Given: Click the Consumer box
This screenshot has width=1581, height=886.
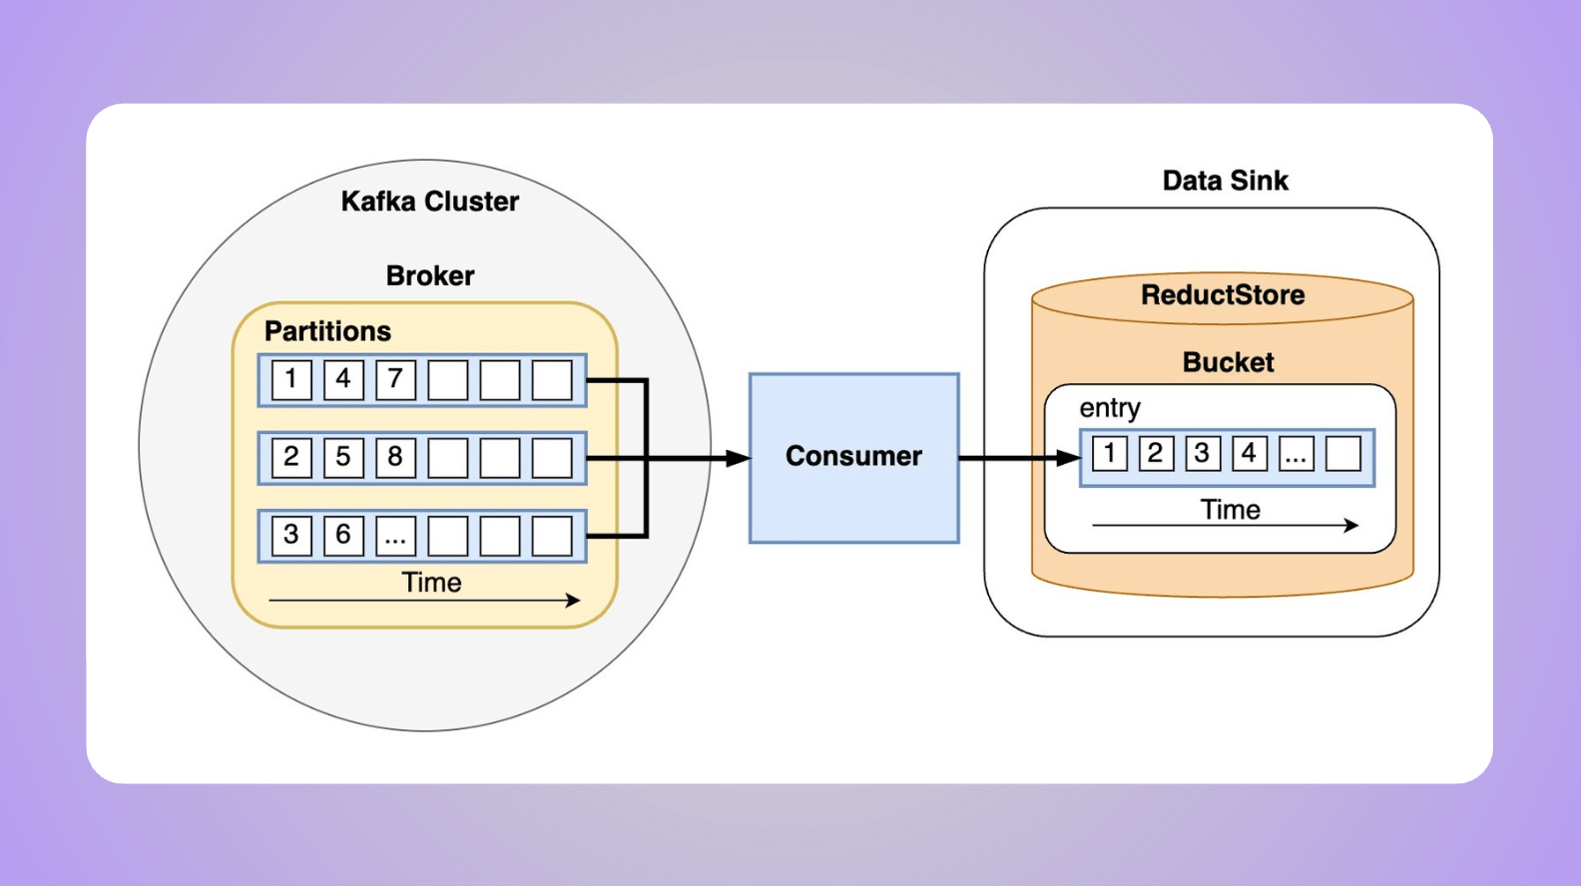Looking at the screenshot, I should click(853, 458).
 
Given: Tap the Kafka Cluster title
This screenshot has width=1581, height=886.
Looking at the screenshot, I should click(430, 202).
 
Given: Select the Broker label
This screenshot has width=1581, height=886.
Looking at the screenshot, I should click(430, 275).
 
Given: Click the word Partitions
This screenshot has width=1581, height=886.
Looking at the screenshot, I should click(327, 331).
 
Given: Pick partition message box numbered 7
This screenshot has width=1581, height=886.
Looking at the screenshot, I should click(395, 380).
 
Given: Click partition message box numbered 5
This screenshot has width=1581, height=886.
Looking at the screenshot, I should click(343, 458).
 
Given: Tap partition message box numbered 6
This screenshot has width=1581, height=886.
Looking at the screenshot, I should click(343, 536).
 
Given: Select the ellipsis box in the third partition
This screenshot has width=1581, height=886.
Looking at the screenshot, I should click(395, 536).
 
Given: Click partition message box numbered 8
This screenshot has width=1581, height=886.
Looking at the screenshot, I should click(395, 458).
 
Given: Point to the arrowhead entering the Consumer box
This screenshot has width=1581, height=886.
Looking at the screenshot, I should click(739, 458).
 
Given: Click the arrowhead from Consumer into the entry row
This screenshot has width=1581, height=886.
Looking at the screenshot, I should click(1069, 458).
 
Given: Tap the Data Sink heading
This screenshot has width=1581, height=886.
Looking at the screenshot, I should click(1225, 181).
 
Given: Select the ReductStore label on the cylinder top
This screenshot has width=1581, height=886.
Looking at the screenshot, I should click(1223, 295).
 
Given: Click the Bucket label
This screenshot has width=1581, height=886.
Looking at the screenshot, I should click(1228, 362).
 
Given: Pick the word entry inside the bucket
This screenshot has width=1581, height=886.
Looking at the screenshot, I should click(1109, 408).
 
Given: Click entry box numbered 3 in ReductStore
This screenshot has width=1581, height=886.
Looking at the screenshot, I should click(1202, 454).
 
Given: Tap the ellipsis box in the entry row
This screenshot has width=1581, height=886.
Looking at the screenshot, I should click(1296, 454).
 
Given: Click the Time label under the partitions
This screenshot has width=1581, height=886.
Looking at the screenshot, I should click(431, 583).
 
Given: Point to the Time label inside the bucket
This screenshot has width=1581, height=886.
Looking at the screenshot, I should click(1230, 510).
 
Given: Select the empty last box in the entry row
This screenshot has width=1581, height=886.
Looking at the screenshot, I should click(1342, 454).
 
